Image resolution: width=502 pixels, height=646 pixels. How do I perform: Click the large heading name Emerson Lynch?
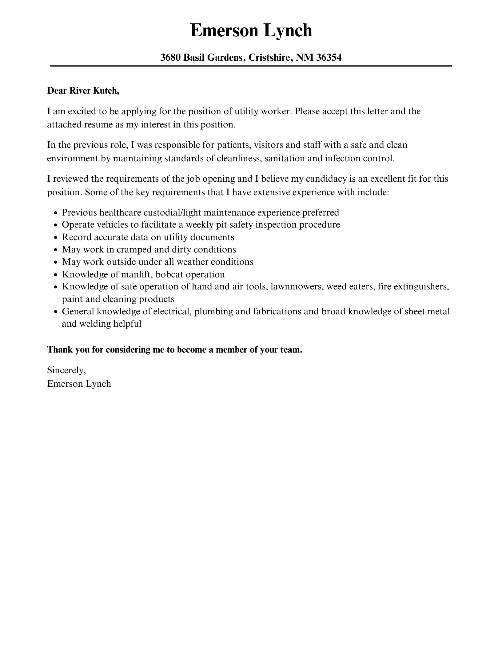coord(251,31)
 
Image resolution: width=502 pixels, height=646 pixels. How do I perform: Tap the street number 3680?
coord(170,58)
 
